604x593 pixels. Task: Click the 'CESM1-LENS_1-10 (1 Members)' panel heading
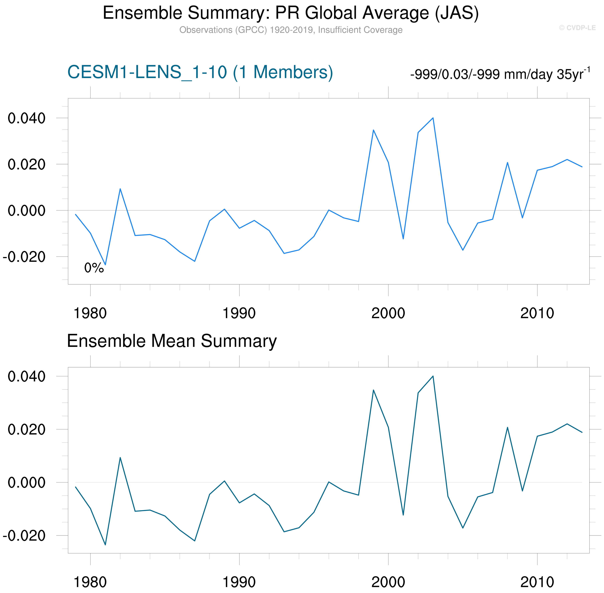200,72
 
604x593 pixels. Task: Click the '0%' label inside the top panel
94,268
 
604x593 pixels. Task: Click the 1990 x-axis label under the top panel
239,313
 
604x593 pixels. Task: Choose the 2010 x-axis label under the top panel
537,313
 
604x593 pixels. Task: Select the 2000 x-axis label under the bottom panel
388,582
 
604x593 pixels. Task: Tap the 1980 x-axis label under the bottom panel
90,582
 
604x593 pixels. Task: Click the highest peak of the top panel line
433,118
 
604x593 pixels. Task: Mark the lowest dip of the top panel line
105,265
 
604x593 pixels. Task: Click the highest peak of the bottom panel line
433,376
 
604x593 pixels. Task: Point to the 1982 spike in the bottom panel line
120,458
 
